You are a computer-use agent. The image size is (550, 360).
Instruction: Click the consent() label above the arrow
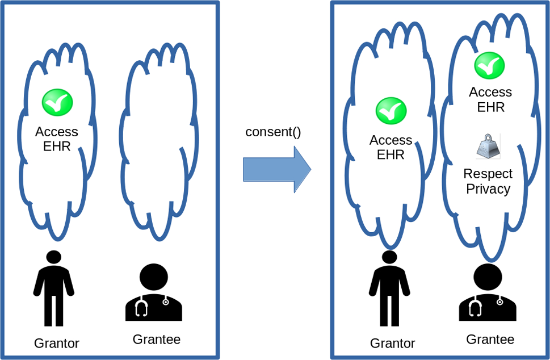[273, 132]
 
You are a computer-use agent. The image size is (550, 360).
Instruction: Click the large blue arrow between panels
[277, 169]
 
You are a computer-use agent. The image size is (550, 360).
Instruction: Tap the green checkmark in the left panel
[57, 102]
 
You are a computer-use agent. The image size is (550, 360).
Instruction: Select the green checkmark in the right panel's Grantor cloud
[391, 111]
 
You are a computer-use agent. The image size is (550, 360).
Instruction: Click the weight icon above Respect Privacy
[488, 146]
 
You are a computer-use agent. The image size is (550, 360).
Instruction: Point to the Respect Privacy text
[488, 181]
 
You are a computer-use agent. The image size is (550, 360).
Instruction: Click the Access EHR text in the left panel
[57, 139]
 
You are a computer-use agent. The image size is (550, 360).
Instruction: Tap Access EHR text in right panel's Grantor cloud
[391, 147]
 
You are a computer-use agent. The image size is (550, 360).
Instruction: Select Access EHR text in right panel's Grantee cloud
[490, 99]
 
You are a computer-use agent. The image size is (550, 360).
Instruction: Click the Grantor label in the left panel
[57, 343]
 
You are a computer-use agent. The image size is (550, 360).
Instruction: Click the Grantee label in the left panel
[156, 340]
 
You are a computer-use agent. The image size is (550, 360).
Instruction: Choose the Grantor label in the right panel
[392, 343]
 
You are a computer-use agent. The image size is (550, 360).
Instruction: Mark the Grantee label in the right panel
[490, 340]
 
